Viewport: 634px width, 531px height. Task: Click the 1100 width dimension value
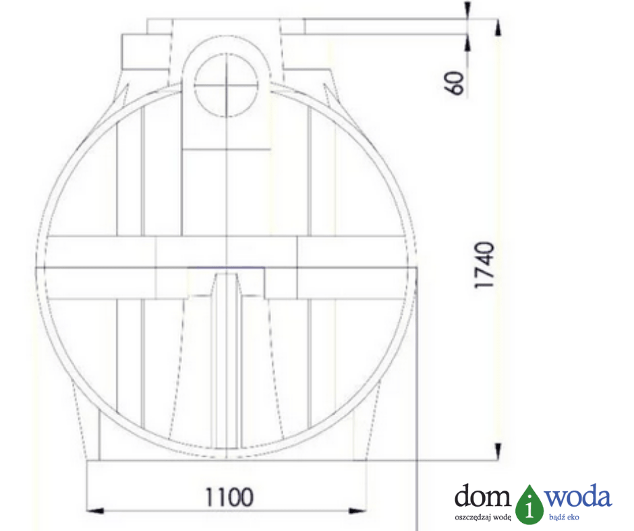(x=229, y=497)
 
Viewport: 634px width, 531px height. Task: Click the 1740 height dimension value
(x=484, y=265)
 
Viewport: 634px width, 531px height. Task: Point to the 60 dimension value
(x=456, y=84)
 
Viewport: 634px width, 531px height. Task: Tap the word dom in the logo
(x=482, y=495)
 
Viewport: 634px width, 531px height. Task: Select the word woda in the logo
(x=578, y=495)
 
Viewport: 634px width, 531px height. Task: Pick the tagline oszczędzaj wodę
(x=483, y=518)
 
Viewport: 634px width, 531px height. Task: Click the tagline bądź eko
(x=564, y=518)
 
